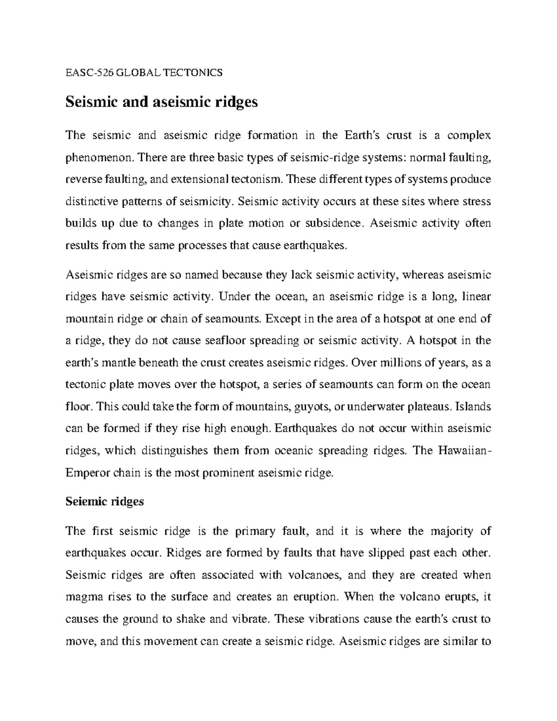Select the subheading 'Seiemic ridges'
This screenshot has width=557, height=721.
[104, 502]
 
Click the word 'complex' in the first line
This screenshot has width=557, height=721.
[469, 136]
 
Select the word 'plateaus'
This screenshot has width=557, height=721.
[428, 407]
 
